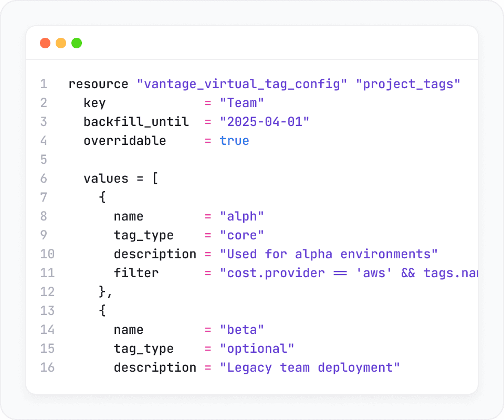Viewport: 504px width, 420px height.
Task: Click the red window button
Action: pyautogui.click(x=45, y=43)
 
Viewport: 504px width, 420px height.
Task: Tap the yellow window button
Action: pyautogui.click(x=61, y=43)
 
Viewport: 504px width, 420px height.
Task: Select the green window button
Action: pyautogui.click(x=77, y=43)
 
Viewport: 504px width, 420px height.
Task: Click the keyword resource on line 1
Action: pyautogui.click(x=98, y=84)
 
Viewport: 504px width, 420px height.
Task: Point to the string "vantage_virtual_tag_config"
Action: pyautogui.click(x=242, y=84)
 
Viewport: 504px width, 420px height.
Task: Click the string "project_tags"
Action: pyautogui.click(x=412, y=84)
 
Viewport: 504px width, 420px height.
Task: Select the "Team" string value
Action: pyautogui.click(x=242, y=103)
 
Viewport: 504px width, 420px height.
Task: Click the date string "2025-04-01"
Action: pyautogui.click(x=265, y=122)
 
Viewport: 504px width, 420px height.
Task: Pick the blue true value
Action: pyautogui.click(x=234, y=141)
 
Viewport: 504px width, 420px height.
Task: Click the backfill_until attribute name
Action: pyautogui.click(x=136, y=122)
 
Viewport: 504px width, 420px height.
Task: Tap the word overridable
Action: pyautogui.click(x=124, y=141)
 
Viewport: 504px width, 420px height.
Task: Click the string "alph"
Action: pyautogui.click(x=242, y=216)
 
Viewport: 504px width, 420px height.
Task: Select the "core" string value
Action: pyautogui.click(x=242, y=235)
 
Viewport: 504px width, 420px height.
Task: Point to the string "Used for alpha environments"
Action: pyautogui.click(x=329, y=254)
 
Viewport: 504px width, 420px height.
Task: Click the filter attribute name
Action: pyautogui.click(x=136, y=273)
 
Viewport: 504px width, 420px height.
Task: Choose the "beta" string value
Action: pyautogui.click(x=242, y=330)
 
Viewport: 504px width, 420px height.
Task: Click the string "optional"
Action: pyautogui.click(x=257, y=349)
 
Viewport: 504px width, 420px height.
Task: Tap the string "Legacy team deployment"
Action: pyautogui.click(x=310, y=367)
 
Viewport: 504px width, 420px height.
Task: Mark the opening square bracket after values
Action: pyautogui.click(x=155, y=178)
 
